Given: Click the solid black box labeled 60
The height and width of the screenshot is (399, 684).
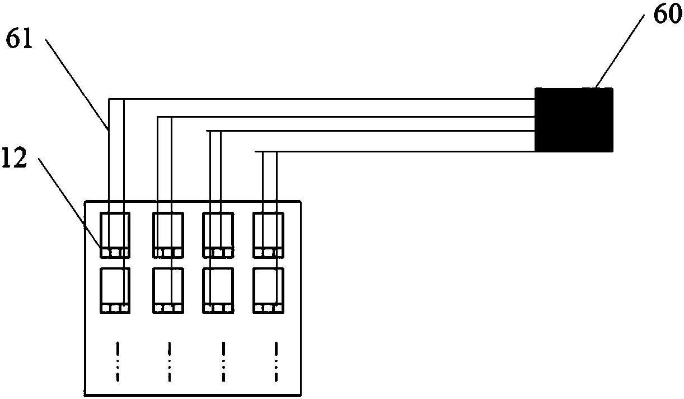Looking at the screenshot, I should [x=574, y=120].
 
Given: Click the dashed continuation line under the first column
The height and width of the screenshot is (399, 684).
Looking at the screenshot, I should [x=118, y=361].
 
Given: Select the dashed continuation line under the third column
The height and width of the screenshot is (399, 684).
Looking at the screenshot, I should [x=223, y=361].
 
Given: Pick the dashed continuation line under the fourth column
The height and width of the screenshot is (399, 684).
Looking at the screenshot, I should [x=275, y=361].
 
